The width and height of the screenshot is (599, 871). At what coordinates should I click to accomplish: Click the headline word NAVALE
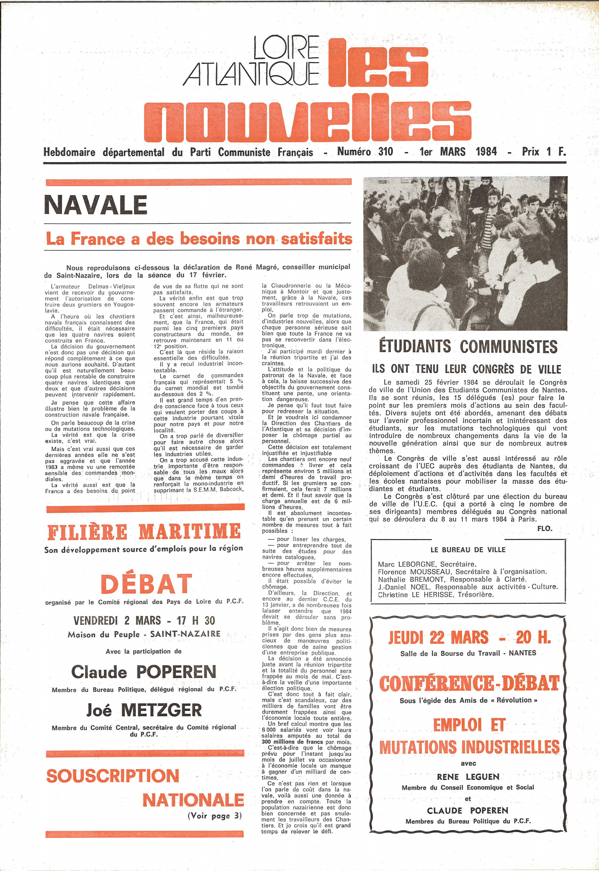(96, 205)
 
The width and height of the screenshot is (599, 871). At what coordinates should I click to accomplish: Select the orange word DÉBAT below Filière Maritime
(146, 584)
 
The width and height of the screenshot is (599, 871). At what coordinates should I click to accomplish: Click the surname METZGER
(161, 710)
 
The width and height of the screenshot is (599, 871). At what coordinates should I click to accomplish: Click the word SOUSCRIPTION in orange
(112, 776)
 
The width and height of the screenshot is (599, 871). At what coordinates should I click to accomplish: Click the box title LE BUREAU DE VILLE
(468, 550)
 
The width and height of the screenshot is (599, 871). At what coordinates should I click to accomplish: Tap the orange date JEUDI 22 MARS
(438, 638)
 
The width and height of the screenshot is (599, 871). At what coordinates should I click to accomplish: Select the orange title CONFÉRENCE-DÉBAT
(469, 684)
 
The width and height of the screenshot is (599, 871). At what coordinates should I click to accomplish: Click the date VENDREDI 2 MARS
(117, 621)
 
